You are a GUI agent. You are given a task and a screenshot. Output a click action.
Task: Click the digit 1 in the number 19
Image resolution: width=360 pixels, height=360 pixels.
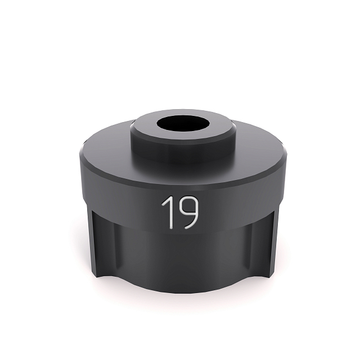click(170, 212)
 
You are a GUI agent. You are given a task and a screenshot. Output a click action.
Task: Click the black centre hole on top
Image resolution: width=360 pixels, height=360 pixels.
click(183, 124)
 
